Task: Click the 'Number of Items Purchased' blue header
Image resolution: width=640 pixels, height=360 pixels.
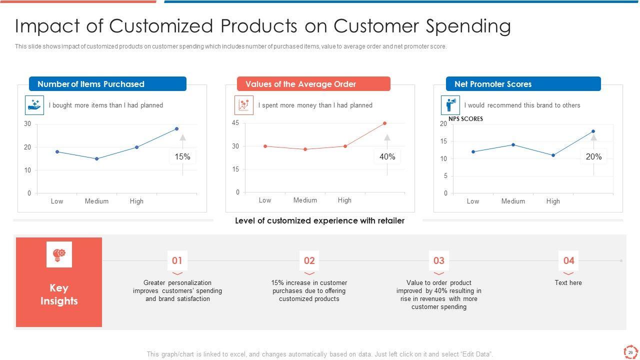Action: coord(107,84)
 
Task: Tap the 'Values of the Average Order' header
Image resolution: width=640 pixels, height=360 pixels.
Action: coord(313,84)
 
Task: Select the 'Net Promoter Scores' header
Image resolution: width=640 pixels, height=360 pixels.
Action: coord(523,84)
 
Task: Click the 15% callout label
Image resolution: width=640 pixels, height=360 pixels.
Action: coord(182,157)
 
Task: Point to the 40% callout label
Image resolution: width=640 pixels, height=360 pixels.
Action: coord(387,157)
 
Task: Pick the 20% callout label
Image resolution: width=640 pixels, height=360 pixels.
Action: coord(593,157)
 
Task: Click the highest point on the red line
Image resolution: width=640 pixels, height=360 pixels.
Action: coord(384,123)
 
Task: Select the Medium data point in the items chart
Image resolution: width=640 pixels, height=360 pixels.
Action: coord(96,159)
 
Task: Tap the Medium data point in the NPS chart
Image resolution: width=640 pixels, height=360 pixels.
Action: coord(513,145)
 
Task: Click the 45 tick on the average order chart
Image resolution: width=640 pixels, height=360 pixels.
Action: coord(235,123)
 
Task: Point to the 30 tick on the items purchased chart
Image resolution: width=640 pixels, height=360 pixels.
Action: coord(27,124)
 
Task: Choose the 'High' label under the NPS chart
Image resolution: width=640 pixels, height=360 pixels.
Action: coord(553,201)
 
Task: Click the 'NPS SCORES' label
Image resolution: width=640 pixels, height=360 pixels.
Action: coord(465,119)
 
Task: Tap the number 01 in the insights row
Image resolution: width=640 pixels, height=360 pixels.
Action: coord(177,260)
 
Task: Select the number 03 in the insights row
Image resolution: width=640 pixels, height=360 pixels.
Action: coord(438,260)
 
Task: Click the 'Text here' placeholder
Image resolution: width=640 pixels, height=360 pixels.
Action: coord(568,283)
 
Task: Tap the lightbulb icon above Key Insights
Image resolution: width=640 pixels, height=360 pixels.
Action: coord(59,254)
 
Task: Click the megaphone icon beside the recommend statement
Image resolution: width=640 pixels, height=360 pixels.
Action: coord(450,105)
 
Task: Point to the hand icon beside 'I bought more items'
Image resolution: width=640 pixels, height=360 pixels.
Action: coord(34,105)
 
